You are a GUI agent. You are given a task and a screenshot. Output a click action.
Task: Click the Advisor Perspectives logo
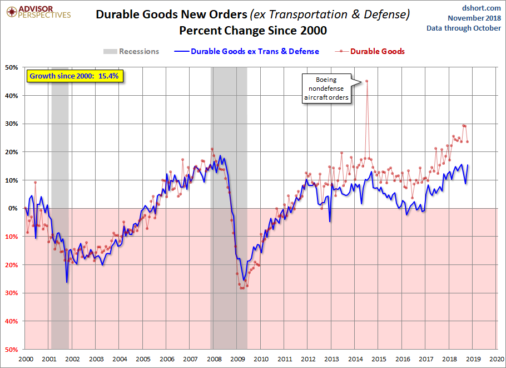(38, 12)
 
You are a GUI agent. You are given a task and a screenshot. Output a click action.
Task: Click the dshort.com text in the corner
(481, 8)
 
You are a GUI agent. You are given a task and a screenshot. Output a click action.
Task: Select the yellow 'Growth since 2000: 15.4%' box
(75, 76)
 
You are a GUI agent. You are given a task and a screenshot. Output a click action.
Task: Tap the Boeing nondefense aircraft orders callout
(326, 89)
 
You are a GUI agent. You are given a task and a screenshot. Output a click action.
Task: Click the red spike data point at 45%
(366, 81)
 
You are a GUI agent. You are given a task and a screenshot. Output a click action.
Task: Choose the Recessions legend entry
(131, 51)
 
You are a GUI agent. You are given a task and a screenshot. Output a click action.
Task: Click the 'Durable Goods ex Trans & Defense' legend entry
(246, 51)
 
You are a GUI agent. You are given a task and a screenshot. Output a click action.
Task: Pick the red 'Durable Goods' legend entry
(370, 51)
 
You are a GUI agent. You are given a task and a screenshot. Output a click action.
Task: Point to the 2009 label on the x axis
(237, 359)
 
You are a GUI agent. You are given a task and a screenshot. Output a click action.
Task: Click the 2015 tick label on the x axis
(379, 359)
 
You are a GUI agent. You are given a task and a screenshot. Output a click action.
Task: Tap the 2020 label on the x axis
(497, 359)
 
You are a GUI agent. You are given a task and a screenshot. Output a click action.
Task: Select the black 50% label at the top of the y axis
(12, 67)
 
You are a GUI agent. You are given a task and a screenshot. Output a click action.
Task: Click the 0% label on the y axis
(13, 208)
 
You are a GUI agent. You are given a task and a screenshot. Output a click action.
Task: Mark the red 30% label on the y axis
(12, 293)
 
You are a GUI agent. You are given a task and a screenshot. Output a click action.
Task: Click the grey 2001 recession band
(60, 208)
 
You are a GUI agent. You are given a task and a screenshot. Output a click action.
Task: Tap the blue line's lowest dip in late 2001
(67, 282)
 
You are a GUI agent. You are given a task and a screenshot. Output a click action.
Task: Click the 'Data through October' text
(464, 28)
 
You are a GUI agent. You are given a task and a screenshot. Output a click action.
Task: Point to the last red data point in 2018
(467, 141)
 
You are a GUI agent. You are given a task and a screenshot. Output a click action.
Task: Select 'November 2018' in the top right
(474, 18)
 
